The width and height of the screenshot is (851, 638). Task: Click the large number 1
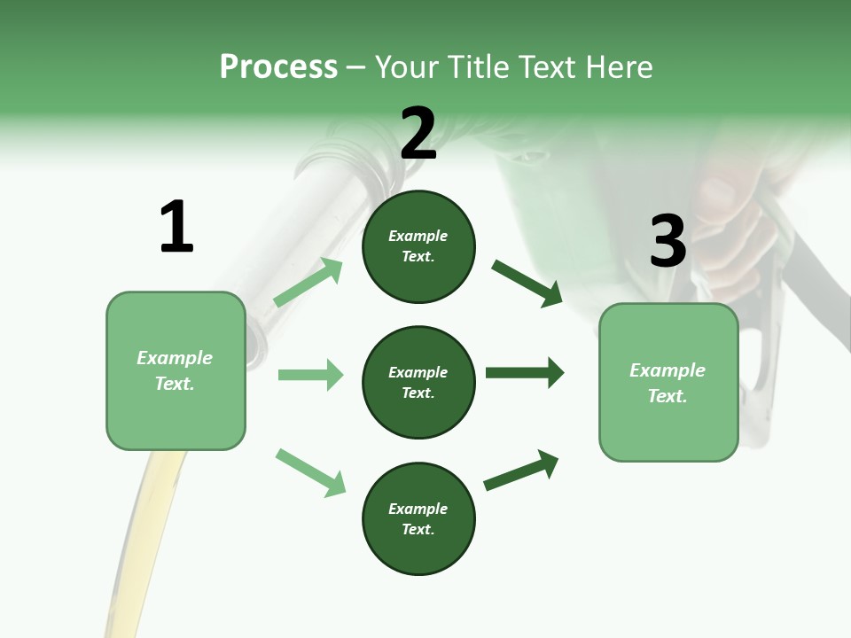click(176, 228)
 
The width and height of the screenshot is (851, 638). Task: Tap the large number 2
click(418, 134)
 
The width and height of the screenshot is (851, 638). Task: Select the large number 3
click(668, 241)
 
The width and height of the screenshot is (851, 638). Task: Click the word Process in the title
click(278, 66)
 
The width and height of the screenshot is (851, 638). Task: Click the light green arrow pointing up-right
click(308, 283)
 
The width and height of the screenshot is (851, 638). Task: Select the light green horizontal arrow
click(310, 375)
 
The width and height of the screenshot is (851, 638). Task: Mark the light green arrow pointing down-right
click(310, 471)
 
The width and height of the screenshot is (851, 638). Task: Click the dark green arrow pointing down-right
click(527, 283)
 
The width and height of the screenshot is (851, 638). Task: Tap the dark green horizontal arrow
click(525, 373)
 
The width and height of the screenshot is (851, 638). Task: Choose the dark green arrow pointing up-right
click(521, 470)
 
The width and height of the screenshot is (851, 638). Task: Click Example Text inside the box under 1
click(175, 370)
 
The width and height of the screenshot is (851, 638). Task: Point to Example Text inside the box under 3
click(668, 383)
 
